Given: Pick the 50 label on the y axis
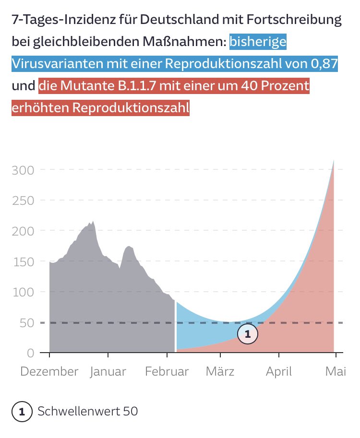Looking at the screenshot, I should click(27, 322).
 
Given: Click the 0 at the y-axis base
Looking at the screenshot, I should click(31, 353).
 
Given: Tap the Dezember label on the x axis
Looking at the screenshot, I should click(49, 372).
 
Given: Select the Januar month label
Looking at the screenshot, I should click(108, 372).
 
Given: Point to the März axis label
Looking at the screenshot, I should click(220, 372).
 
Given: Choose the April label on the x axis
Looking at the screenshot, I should click(279, 372).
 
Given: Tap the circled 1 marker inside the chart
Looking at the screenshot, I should click(248, 334).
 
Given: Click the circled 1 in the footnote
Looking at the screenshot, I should click(21, 412).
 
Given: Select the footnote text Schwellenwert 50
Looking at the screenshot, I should click(87, 412).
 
